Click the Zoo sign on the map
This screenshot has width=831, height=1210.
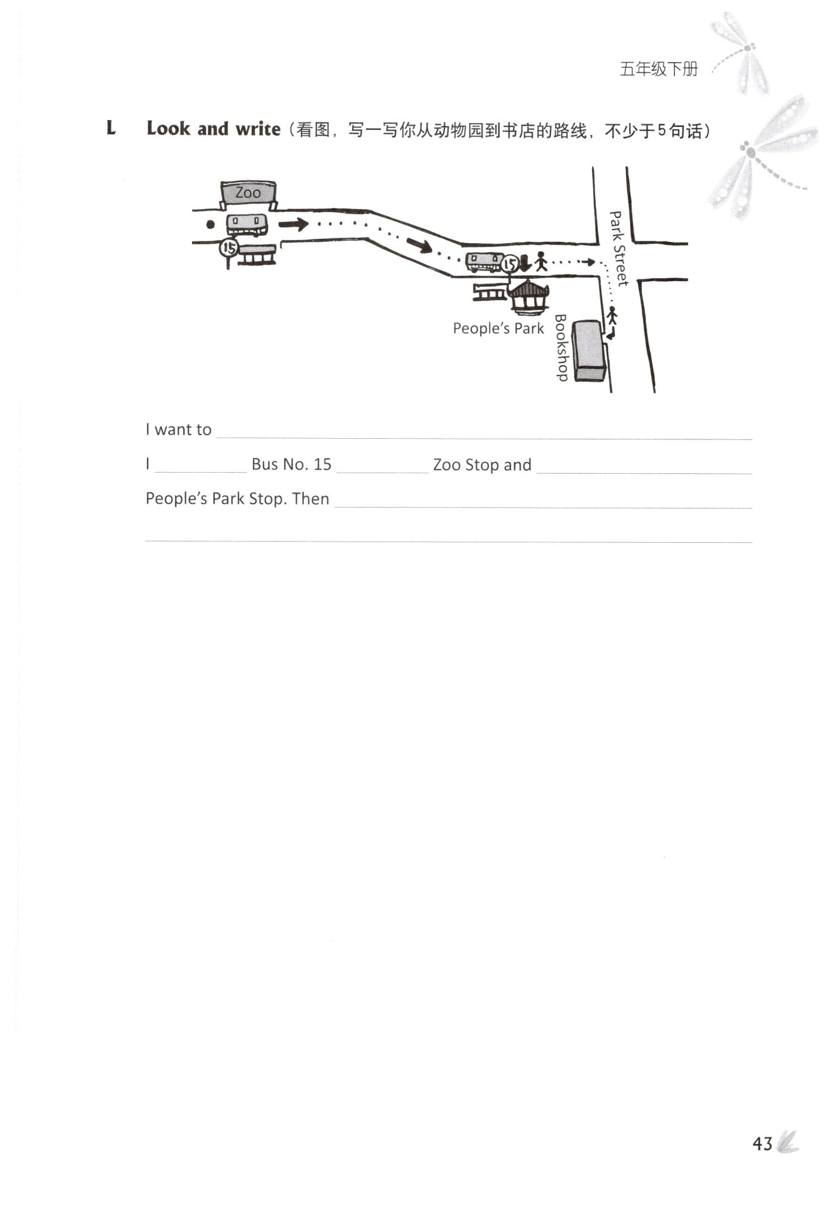coord(248,193)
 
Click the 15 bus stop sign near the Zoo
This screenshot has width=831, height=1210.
coord(228,249)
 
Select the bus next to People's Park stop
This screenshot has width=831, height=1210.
coord(483,263)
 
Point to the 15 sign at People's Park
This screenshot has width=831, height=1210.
coord(509,265)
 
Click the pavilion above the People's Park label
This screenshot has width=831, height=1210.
coord(528,297)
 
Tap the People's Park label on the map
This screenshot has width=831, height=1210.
coord(498,329)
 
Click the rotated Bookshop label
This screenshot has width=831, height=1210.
coord(561,348)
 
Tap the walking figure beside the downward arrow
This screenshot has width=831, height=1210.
coord(540,262)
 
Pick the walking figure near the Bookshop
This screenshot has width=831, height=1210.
coord(612,316)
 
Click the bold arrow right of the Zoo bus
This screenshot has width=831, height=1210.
coord(294,224)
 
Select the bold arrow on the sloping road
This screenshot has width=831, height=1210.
coord(419,246)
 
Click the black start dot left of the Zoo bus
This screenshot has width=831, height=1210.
coord(211,225)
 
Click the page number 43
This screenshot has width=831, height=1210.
coord(762,1144)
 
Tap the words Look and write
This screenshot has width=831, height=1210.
coord(213,129)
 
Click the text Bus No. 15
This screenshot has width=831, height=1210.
coord(291,465)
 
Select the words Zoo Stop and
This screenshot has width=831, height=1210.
coord(482,465)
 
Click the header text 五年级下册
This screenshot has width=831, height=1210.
coord(658,70)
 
